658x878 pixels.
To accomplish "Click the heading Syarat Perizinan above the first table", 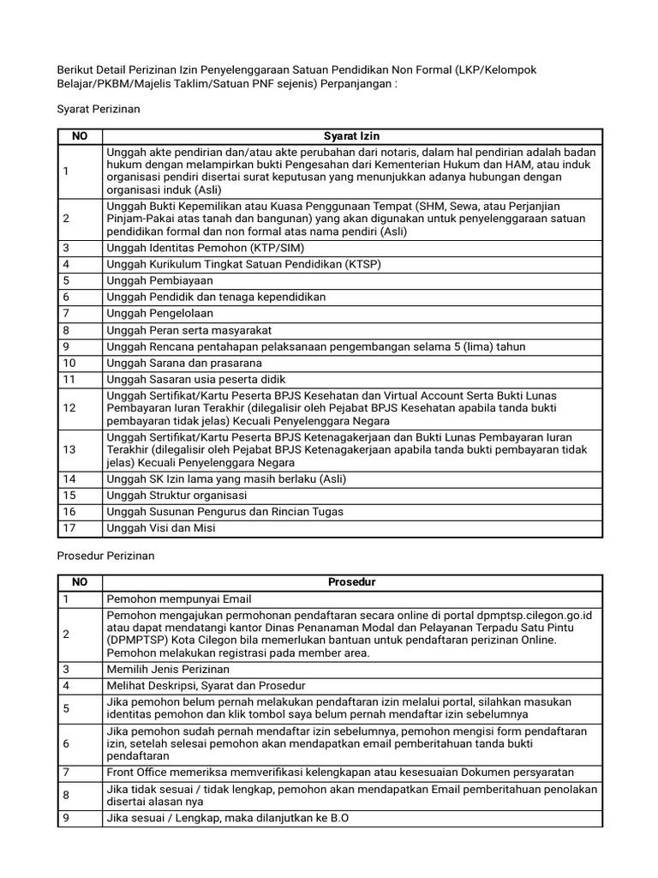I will click(98, 110).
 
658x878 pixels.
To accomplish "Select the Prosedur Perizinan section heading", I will click(105, 556).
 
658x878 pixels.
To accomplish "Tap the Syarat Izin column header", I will click(351, 136).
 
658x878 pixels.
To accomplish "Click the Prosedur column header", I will click(351, 582).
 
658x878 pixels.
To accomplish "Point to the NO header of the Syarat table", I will click(79, 136).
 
